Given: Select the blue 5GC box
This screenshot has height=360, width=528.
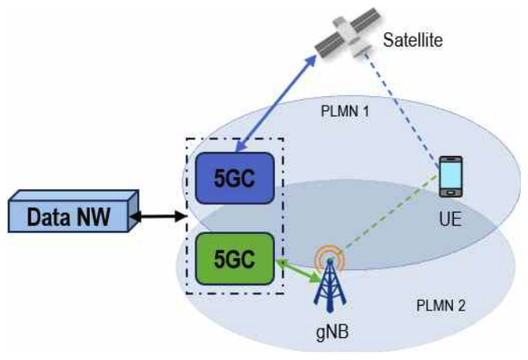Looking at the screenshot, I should [236, 179].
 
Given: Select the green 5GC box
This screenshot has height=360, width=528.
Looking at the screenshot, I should [236, 258].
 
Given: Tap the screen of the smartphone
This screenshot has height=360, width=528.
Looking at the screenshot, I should [450, 176].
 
